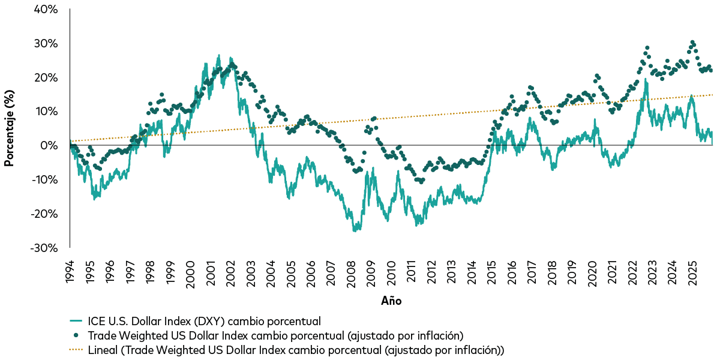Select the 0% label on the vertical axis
click(50, 146)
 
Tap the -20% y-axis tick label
click(45, 214)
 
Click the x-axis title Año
click(391, 301)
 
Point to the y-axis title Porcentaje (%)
click(10, 128)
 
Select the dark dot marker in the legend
click(75, 335)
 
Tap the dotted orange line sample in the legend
click(75, 349)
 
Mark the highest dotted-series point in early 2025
click(692, 43)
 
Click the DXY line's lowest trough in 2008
click(355, 230)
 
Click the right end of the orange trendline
click(712, 95)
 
